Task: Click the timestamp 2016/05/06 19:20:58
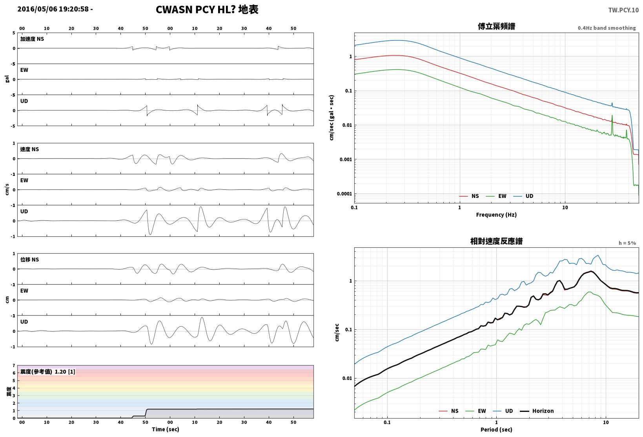[x=53, y=9]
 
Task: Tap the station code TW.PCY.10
[x=623, y=10]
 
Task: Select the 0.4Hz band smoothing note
[x=607, y=28]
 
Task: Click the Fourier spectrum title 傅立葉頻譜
[x=496, y=26]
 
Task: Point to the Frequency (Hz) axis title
[x=496, y=215]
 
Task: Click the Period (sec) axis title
[x=496, y=430]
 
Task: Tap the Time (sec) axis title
[x=165, y=429]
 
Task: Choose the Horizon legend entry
[x=537, y=411]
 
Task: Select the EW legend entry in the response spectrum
[x=475, y=411]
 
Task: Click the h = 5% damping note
[x=627, y=243]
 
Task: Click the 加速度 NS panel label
[x=32, y=39]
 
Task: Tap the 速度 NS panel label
[x=29, y=149]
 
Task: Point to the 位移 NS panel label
[x=29, y=260]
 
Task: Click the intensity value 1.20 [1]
[x=65, y=371]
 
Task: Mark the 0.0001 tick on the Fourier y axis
[x=344, y=194]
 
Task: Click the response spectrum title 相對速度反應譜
[x=496, y=241]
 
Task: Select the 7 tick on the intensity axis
[x=14, y=366]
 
